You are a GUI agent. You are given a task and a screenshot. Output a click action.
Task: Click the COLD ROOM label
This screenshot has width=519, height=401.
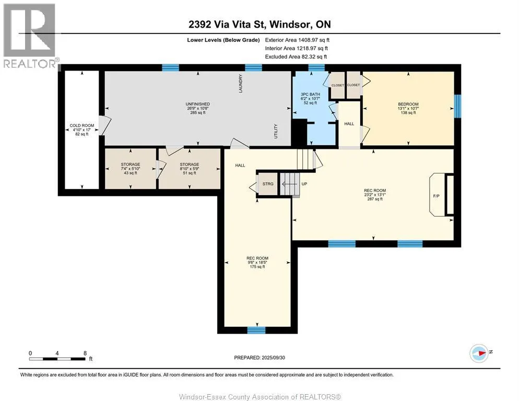point(82,125)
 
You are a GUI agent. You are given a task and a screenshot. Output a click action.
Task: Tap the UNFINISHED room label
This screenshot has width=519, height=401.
point(197,104)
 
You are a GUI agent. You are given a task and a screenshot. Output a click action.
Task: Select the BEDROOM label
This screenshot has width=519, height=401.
point(408,104)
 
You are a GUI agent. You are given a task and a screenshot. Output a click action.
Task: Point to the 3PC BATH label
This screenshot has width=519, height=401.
point(310,95)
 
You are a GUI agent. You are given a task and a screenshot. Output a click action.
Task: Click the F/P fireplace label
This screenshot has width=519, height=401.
point(437,196)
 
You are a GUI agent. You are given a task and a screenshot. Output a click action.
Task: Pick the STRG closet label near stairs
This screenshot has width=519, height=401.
point(268,184)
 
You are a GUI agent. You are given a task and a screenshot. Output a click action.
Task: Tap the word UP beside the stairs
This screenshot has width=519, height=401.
point(304,184)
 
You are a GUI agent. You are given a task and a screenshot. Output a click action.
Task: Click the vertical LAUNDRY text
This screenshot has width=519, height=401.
point(241,84)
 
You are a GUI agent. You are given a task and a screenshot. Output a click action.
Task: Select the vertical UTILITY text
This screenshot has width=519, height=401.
point(276,131)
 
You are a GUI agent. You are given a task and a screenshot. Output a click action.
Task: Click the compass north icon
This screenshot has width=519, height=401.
point(479,353)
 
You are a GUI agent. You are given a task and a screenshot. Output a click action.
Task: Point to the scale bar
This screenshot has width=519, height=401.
point(57,359)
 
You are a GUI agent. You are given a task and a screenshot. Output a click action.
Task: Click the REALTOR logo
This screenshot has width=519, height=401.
point(30,36)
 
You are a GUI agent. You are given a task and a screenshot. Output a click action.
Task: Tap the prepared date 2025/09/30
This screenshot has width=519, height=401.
point(273,358)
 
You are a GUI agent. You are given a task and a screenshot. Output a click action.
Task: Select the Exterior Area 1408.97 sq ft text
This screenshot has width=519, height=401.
point(297,40)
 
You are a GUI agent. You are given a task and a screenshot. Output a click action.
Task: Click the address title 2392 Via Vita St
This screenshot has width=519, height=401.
point(228,24)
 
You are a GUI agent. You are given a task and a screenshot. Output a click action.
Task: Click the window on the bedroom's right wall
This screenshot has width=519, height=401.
point(457,107)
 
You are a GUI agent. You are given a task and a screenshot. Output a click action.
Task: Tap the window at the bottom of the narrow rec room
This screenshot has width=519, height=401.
point(256,330)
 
